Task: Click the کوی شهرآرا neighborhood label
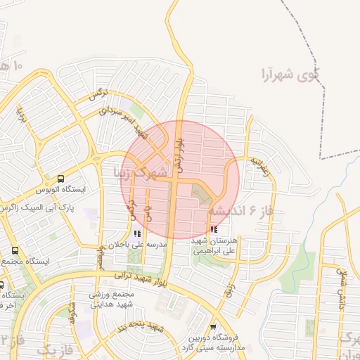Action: click(289, 72)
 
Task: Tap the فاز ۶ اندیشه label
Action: click(240, 210)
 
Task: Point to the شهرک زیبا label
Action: click(141, 172)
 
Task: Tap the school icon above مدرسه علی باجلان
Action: click(136, 233)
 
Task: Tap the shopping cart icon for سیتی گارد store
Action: click(214, 326)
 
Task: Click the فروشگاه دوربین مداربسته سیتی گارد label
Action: click(223, 341)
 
